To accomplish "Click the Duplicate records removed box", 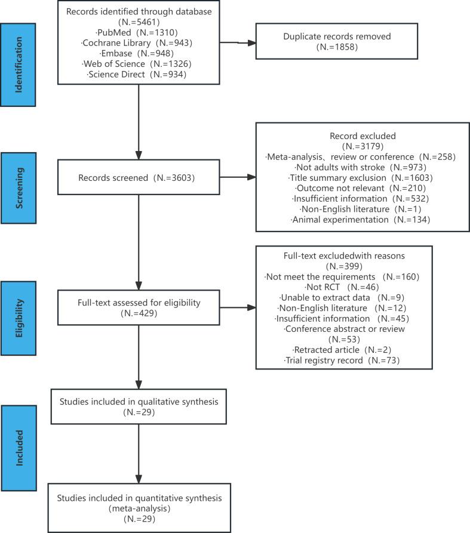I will (338, 42).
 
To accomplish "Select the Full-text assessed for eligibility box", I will (138, 308).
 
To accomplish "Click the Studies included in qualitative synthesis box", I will (138, 407).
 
